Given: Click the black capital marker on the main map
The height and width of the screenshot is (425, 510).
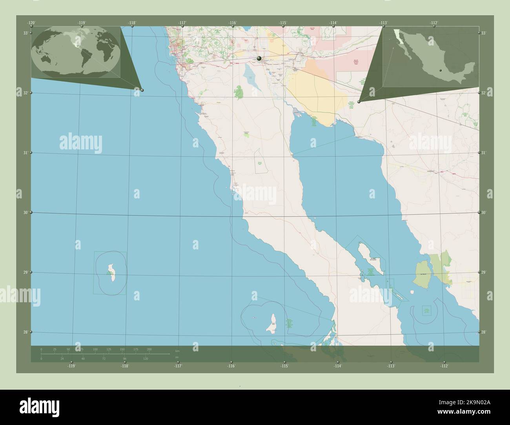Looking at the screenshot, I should [259, 58].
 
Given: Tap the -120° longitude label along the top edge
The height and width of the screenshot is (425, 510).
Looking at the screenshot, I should [31, 23].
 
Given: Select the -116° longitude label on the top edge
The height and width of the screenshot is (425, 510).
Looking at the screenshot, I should [233, 23].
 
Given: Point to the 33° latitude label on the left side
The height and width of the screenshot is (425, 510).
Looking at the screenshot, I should [25, 33].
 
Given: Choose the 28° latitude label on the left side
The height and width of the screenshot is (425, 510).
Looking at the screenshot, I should [25, 332].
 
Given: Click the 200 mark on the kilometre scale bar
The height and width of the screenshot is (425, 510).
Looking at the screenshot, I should [149, 349].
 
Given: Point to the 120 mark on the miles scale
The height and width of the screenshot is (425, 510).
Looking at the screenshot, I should [146, 359].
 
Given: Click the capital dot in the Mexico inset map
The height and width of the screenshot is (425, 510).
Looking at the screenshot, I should [441, 71].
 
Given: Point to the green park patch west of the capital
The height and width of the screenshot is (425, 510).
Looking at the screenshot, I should [239, 93].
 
